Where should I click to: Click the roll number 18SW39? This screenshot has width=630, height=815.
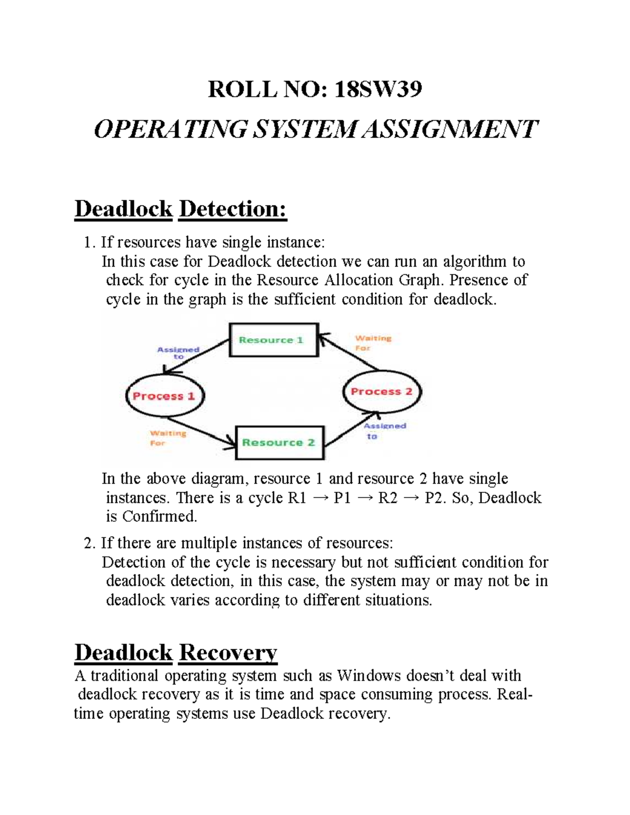pos(378,90)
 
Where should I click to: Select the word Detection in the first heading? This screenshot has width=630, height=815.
pos(233,209)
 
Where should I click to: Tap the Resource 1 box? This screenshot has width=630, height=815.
pos(274,340)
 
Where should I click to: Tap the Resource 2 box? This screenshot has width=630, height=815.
pos(279,443)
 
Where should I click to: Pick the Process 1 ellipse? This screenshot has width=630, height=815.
pos(164,396)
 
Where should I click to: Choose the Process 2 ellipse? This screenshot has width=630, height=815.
pos(382,391)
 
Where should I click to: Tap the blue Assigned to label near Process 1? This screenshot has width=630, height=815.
pos(178,353)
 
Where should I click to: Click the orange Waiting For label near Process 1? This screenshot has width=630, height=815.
pos(167,438)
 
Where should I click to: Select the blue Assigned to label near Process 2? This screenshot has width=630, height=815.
pos(384,430)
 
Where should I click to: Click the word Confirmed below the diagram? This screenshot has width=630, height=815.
pos(159,516)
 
